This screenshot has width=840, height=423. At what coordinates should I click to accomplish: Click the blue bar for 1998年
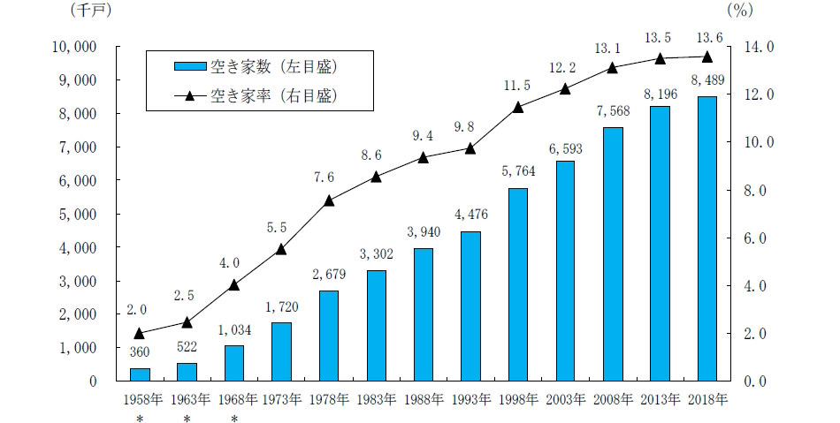[518, 284]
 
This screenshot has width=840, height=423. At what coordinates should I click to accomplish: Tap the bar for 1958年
[140, 374]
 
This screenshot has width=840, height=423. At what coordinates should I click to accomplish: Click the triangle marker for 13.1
[614, 68]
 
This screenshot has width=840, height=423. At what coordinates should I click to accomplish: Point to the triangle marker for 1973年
[281, 249]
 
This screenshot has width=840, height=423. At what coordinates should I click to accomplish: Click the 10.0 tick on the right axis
[761, 142]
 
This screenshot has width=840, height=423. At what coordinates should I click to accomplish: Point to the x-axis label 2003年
[566, 399]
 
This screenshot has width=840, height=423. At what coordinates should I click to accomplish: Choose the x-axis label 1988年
[424, 399]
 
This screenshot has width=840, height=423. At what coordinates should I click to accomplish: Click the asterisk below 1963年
[187, 418]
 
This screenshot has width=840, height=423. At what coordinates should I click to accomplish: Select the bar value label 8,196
[661, 92]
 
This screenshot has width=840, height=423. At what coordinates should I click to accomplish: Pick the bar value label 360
[140, 353]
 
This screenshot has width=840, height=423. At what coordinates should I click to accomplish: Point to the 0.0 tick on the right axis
[761, 381]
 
